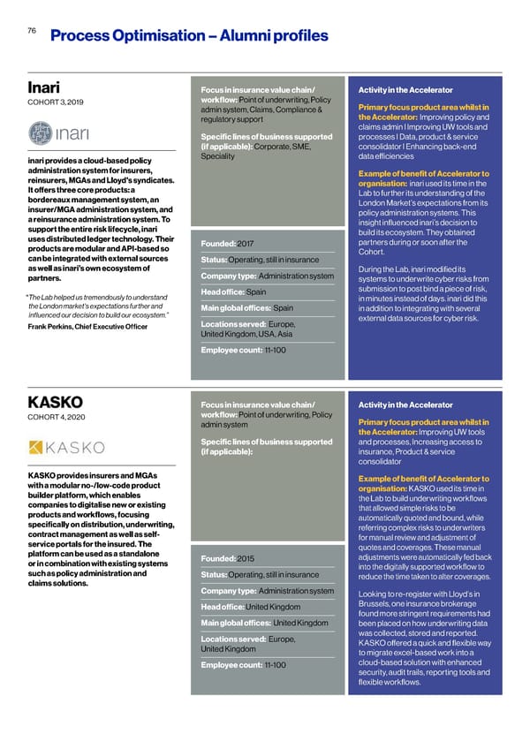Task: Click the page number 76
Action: [x=31, y=29]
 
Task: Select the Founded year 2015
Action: [x=246, y=557]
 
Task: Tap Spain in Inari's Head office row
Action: [x=256, y=292]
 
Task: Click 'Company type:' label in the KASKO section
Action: [x=230, y=591]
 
